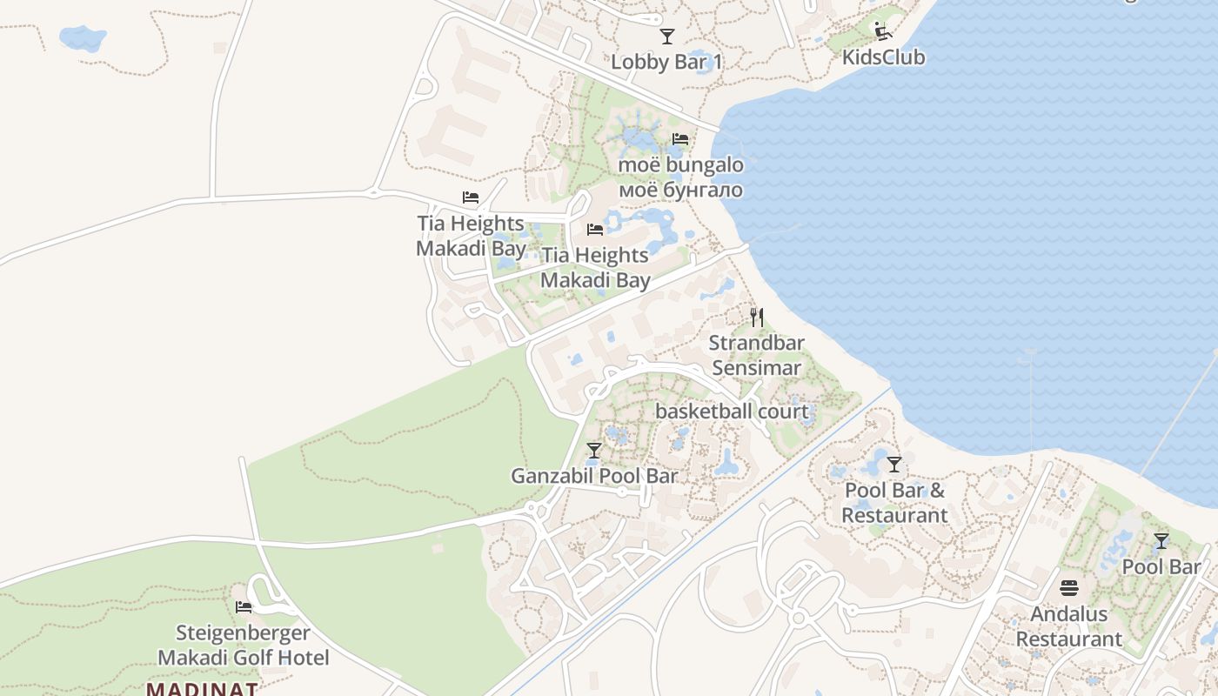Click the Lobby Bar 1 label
[x=666, y=62]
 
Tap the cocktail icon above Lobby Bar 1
[x=667, y=37]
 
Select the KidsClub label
[x=883, y=57]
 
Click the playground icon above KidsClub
[x=883, y=31]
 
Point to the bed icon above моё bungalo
[x=680, y=139]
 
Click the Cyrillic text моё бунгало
[x=680, y=190]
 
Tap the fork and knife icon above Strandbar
[x=757, y=317]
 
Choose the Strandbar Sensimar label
[x=756, y=355]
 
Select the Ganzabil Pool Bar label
[x=594, y=476]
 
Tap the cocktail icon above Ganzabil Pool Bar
[x=594, y=451]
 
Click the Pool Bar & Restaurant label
[x=894, y=502]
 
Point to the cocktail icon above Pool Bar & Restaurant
[x=894, y=465]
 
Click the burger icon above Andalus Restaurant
[x=1069, y=588]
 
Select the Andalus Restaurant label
[x=1069, y=626]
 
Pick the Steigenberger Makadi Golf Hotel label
[x=244, y=645]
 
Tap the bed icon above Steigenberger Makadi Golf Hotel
[x=244, y=606]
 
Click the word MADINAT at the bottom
[x=202, y=689]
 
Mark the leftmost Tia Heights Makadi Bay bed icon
[x=471, y=197]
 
